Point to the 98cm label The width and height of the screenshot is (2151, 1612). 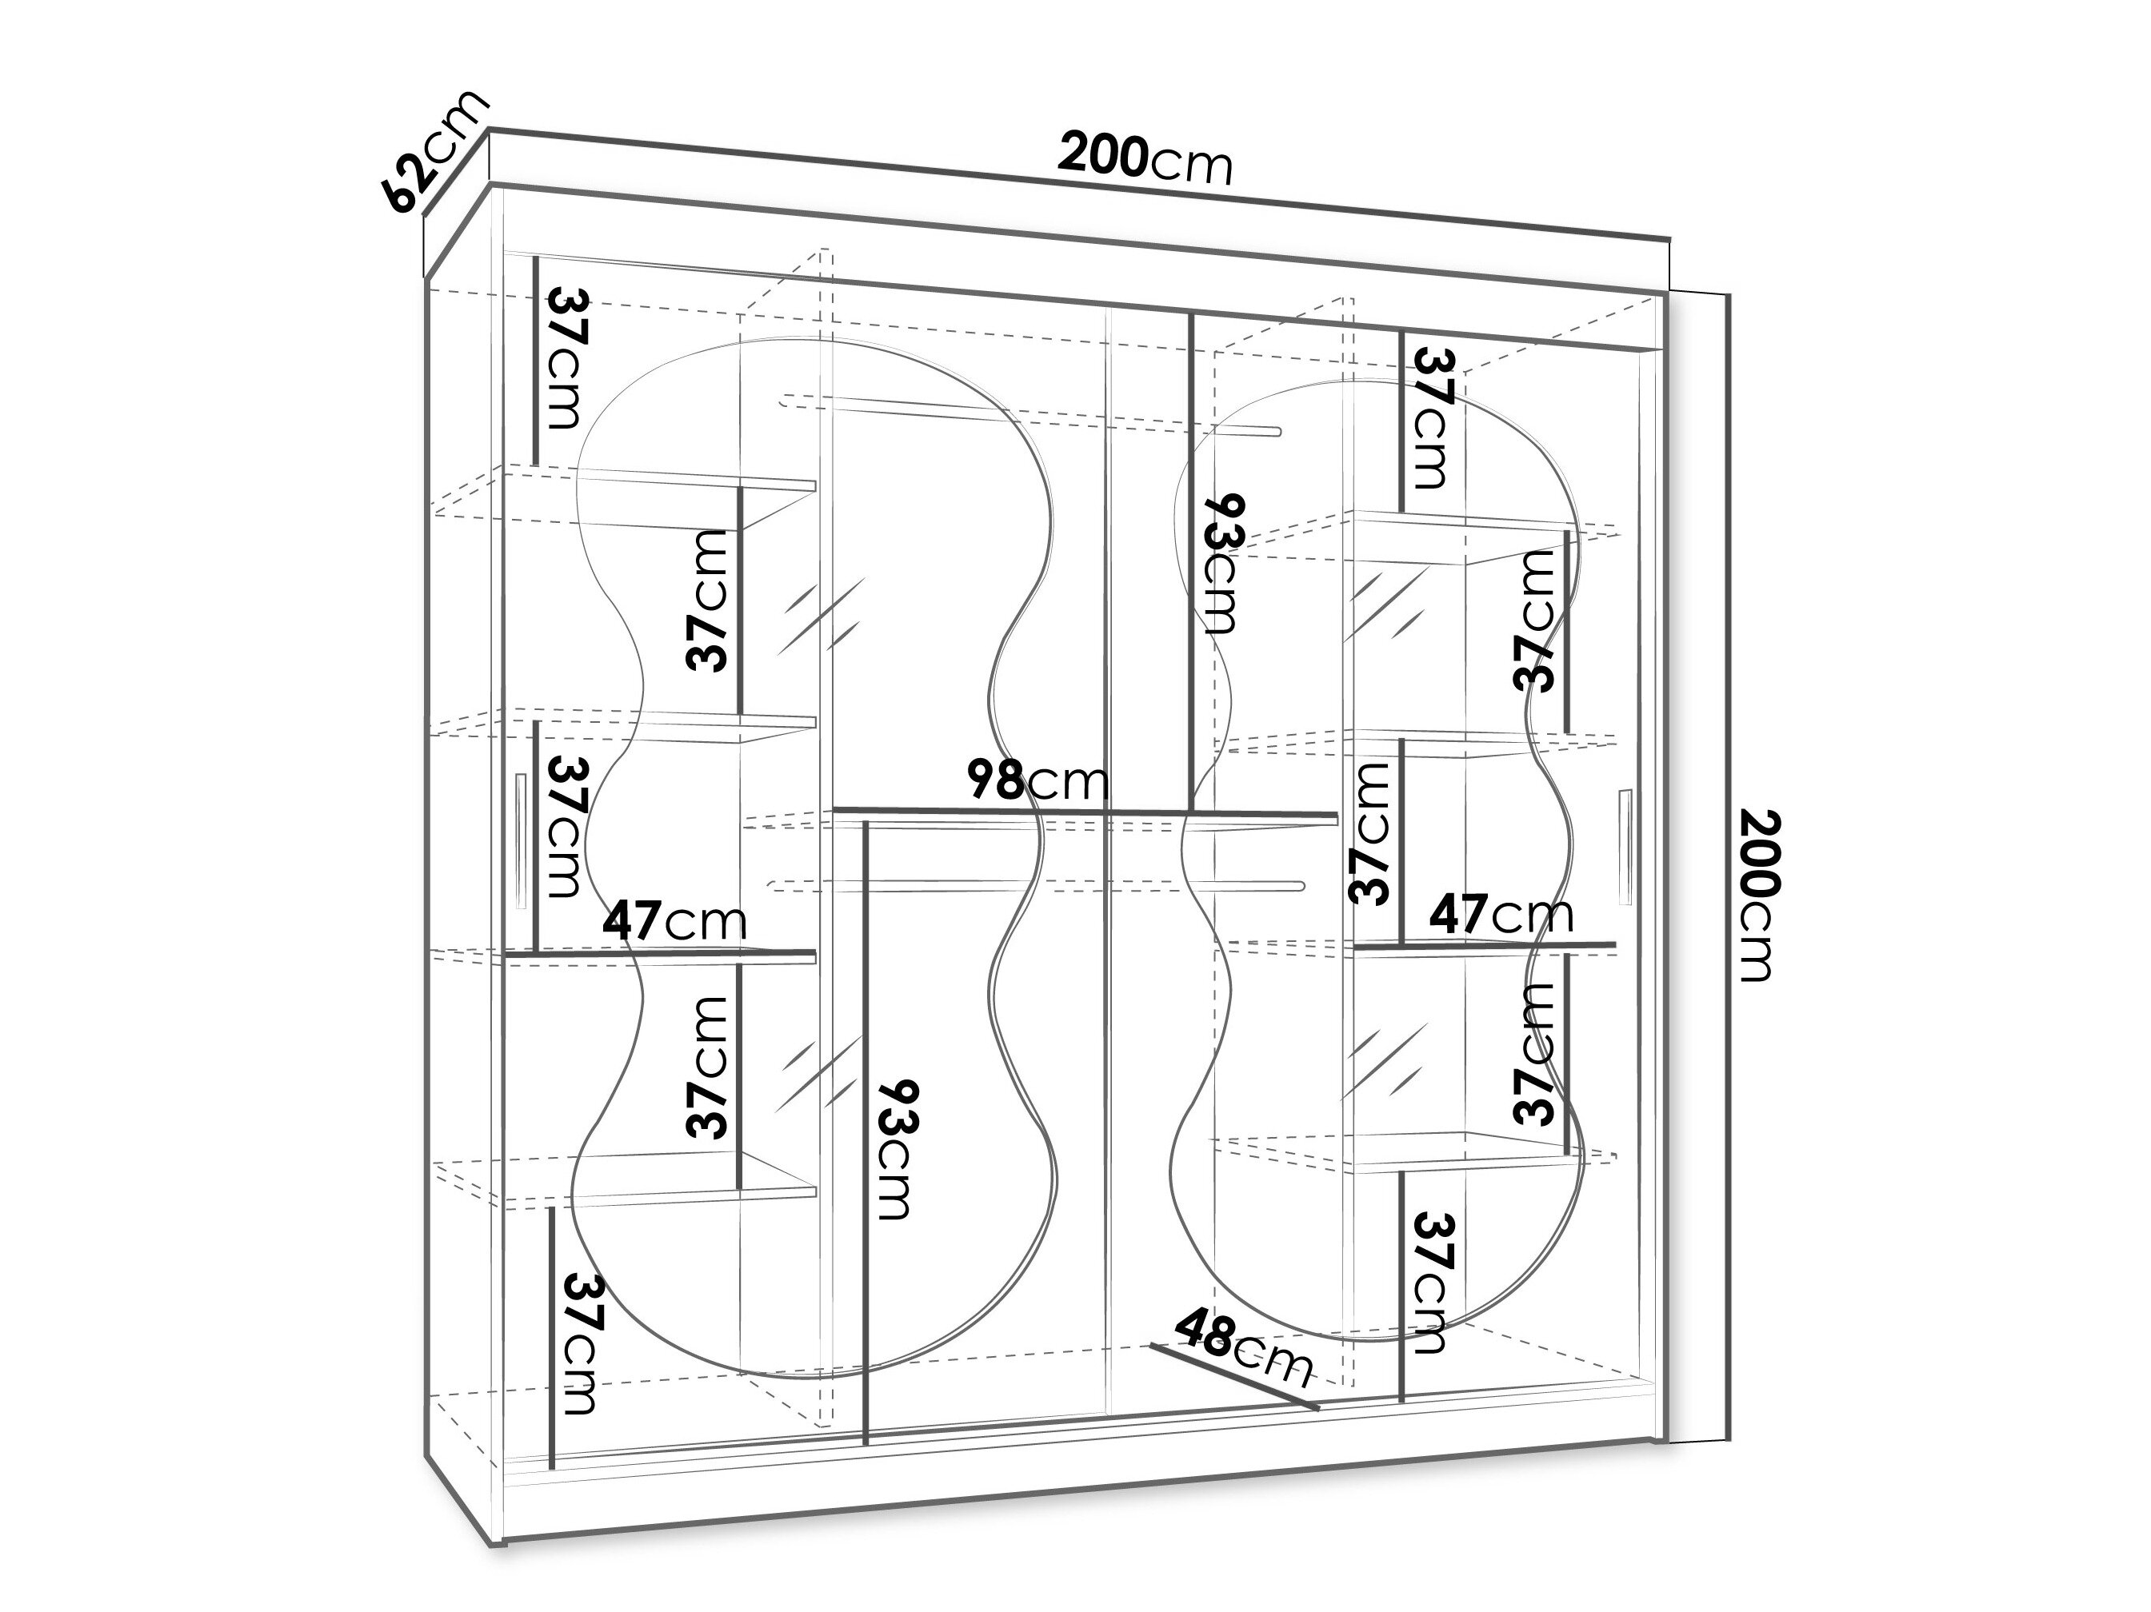(x=1037, y=780)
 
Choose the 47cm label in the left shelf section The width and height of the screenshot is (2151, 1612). (x=674, y=920)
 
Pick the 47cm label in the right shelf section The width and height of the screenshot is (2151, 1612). (x=1501, y=915)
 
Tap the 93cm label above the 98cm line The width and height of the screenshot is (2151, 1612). (x=1222, y=564)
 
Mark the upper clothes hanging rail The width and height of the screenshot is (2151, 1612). (x=1031, y=415)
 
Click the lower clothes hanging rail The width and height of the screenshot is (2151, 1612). (x=1037, y=886)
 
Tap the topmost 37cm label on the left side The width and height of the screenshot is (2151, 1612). (x=567, y=357)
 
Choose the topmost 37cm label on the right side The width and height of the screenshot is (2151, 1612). (x=1433, y=418)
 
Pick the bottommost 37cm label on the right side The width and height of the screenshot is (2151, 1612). (x=1433, y=1283)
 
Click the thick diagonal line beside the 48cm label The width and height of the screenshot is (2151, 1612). (x=1235, y=1377)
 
